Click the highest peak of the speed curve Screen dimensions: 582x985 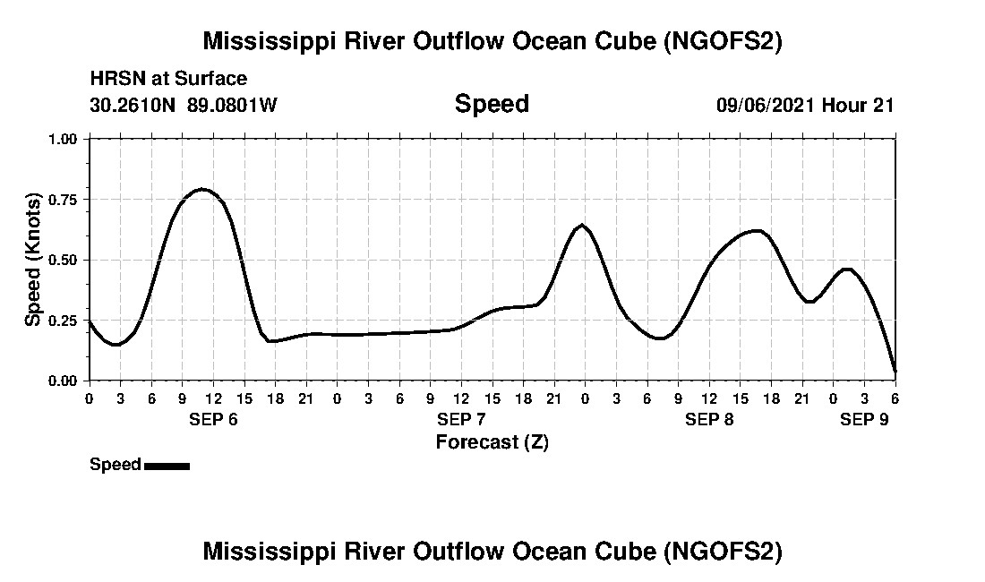(x=203, y=189)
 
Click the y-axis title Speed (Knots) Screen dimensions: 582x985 (x=33, y=260)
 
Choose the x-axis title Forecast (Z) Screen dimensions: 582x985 (x=492, y=441)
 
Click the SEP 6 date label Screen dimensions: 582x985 (x=213, y=420)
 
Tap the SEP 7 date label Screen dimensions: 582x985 (x=461, y=420)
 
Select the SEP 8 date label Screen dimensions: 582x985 (x=709, y=420)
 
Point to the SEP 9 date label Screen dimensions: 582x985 (x=864, y=420)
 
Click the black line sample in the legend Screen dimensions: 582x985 (x=167, y=466)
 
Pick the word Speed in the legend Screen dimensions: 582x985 (x=116, y=465)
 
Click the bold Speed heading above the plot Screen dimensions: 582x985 (x=492, y=104)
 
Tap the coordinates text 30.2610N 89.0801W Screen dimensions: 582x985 (x=184, y=105)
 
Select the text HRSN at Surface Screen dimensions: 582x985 (x=168, y=80)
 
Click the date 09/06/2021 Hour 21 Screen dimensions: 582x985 (x=805, y=105)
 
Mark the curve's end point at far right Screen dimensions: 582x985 (x=895, y=371)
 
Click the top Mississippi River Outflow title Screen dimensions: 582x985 (x=492, y=41)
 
